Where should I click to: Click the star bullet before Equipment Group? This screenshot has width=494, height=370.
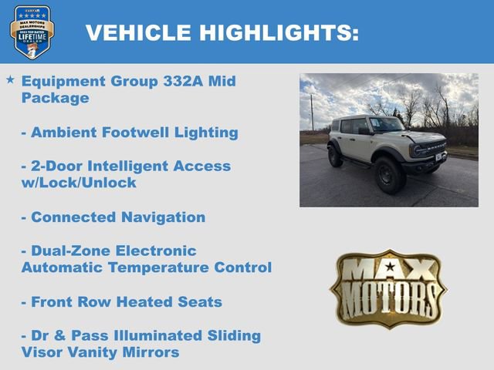point(10,80)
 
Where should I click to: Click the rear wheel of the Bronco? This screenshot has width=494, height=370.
point(335,156)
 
